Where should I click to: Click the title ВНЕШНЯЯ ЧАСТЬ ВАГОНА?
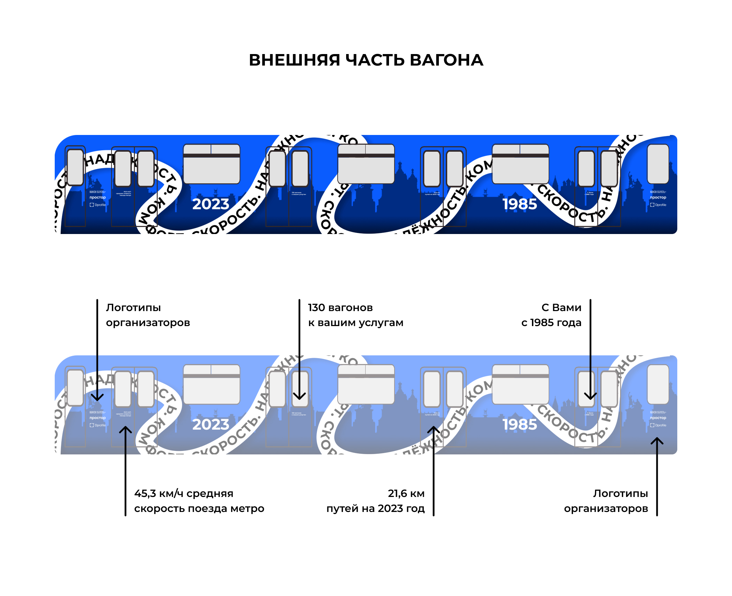pyautogui.click(x=366, y=60)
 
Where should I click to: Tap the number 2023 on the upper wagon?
pyautogui.click(x=211, y=204)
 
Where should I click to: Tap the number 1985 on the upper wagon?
pyautogui.click(x=519, y=204)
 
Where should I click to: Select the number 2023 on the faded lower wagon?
pyautogui.click(x=211, y=424)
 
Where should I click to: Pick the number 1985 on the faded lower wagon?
pyautogui.click(x=519, y=424)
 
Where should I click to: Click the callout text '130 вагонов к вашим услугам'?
pyautogui.click(x=356, y=315)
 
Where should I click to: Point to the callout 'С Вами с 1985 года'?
pyautogui.click(x=551, y=315)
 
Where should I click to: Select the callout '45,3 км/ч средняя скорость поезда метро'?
pyautogui.click(x=199, y=501)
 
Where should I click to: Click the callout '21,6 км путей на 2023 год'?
pyautogui.click(x=376, y=501)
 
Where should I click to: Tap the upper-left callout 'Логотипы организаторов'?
pyautogui.click(x=148, y=315)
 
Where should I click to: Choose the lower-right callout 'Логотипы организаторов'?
pyautogui.click(x=606, y=501)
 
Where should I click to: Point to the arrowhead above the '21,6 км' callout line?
pyautogui.click(x=434, y=429)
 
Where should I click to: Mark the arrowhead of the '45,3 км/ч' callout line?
pyautogui.click(x=125, y=429)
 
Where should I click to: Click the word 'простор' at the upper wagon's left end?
pyautogui.click(x=98, y=197)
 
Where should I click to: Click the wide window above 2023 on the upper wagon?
pyautogui.click(x=212, y=164)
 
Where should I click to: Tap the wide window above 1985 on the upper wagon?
pyautogui.click(x=520, y=164)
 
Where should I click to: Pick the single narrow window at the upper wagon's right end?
pyautogui.click(x=658, y=164)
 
